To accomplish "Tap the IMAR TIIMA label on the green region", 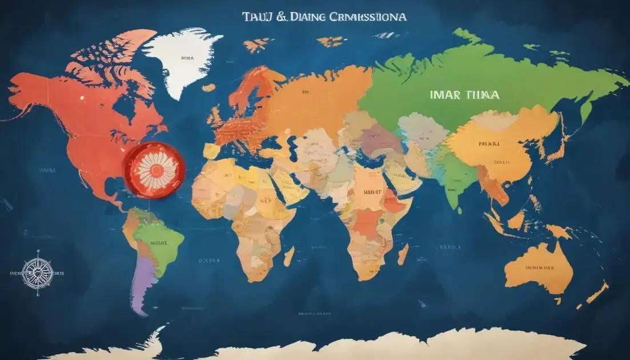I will tap(463, 95).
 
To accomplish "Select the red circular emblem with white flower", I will tap(153, 170).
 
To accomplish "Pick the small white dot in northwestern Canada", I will tap(81, 97).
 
